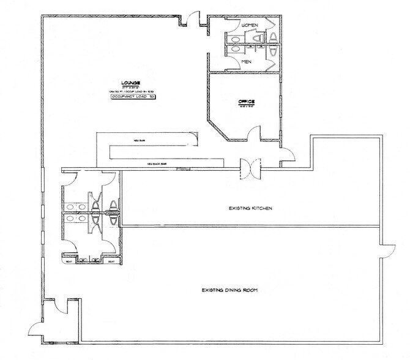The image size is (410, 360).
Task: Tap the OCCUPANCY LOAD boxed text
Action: coord(132,97)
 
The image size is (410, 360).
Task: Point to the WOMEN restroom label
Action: coord(251,24)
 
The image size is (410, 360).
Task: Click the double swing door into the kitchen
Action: coord(249,168)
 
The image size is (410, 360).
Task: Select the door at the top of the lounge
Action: coord(193,19)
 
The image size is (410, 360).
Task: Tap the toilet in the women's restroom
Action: coord(258,37)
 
